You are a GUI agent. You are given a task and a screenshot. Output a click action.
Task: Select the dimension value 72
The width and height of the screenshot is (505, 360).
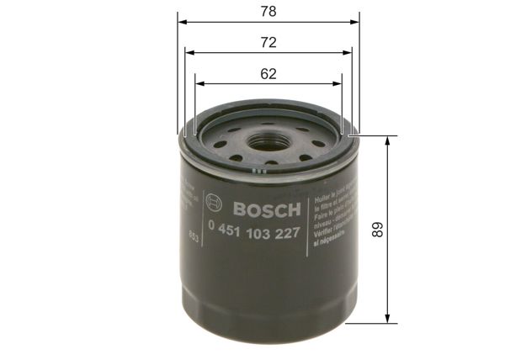pyautogui.click(x=268, y=42)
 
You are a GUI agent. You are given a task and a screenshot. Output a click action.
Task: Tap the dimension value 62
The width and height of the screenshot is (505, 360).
pyautogui.click(x=268, y=73)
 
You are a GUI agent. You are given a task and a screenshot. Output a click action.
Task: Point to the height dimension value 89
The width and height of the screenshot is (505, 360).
pyautogui.click(x=376, y=229)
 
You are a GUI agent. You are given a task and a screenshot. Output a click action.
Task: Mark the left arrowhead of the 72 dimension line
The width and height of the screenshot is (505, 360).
pyautogui.click(x=189, y=52)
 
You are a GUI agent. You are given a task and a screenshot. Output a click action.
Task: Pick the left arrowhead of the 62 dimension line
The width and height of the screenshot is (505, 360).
pyautogui.click(x=199, y=83)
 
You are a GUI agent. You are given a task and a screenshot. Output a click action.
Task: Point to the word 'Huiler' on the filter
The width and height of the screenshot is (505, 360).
pyautogui.click(x=322, y=194)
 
